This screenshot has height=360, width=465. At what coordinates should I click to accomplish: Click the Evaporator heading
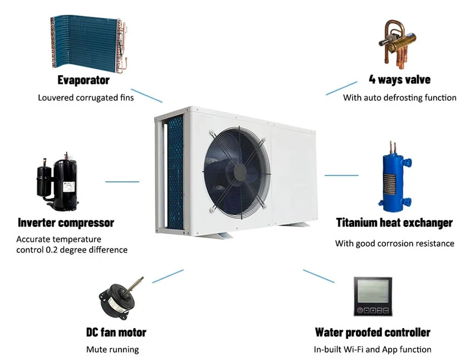tap(83, 80)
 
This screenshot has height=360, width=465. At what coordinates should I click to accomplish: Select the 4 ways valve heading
tap(399, 80)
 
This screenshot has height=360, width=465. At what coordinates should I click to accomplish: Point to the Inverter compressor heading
tap(66, 223)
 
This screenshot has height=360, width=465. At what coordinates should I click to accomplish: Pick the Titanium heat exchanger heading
tap(394, 223)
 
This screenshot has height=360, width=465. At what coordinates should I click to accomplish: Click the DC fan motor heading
tap(116, 333)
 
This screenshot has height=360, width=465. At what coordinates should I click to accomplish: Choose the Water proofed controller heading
tap(373, 333)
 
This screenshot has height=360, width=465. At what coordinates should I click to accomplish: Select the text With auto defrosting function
tap(399, 98)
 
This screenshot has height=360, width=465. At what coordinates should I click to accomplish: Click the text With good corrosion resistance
tap(394, 244)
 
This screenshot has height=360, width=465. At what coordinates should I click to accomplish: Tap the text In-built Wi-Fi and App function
tap(373, 349)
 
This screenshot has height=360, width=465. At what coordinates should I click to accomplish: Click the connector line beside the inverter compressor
tap(122, 181)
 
